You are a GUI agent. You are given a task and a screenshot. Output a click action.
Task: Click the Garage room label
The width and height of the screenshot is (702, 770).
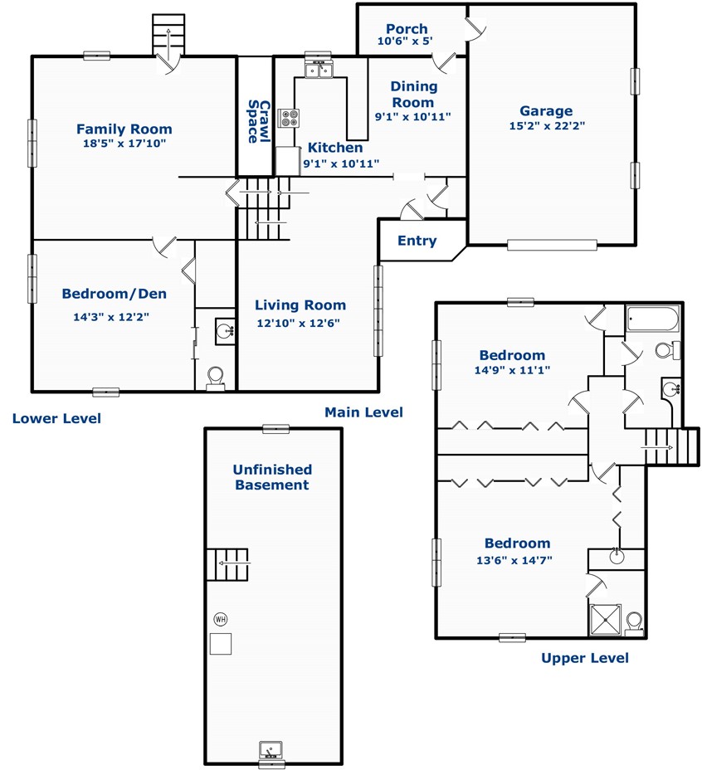point(546,111)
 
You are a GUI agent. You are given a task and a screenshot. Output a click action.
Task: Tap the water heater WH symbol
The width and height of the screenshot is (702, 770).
point(221,619)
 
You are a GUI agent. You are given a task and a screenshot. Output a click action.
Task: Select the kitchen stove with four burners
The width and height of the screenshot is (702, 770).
point(289,118)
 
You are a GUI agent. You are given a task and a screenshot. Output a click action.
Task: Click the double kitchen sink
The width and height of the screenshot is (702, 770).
point(319,71)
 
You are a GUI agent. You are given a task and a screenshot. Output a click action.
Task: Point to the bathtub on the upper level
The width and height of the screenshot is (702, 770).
point(653,319)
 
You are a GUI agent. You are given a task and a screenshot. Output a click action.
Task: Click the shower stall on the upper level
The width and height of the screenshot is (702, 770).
point(605,620)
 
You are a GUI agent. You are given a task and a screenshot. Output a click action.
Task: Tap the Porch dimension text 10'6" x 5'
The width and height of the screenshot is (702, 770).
point(405,41)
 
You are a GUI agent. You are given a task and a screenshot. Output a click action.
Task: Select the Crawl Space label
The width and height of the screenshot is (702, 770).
point(259,122)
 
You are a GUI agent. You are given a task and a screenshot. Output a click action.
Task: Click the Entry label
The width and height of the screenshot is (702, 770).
point(417,241)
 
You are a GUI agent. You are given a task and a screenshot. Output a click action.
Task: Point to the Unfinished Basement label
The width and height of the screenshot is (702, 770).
point(272,477)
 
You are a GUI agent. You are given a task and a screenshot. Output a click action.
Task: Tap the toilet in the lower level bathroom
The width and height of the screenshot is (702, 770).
point(215,378)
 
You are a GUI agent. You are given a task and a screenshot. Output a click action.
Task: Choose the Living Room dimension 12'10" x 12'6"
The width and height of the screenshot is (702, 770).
point(298,323)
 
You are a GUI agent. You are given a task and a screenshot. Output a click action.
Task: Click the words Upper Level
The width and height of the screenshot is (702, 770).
point(585,658)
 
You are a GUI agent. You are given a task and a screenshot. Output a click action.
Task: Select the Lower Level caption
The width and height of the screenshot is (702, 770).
point(56,418)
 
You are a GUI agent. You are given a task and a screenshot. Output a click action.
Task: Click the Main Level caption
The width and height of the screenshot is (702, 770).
point(363,412)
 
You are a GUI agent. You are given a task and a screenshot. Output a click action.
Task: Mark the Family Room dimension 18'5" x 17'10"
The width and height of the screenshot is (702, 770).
point(124,144)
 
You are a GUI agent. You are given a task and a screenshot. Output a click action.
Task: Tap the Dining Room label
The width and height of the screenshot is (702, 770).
point(413,95)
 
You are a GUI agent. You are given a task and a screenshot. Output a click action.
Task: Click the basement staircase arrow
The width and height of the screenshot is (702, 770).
point(234,563)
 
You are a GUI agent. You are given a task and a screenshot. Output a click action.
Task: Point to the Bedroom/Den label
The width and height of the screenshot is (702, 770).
point(114,294)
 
